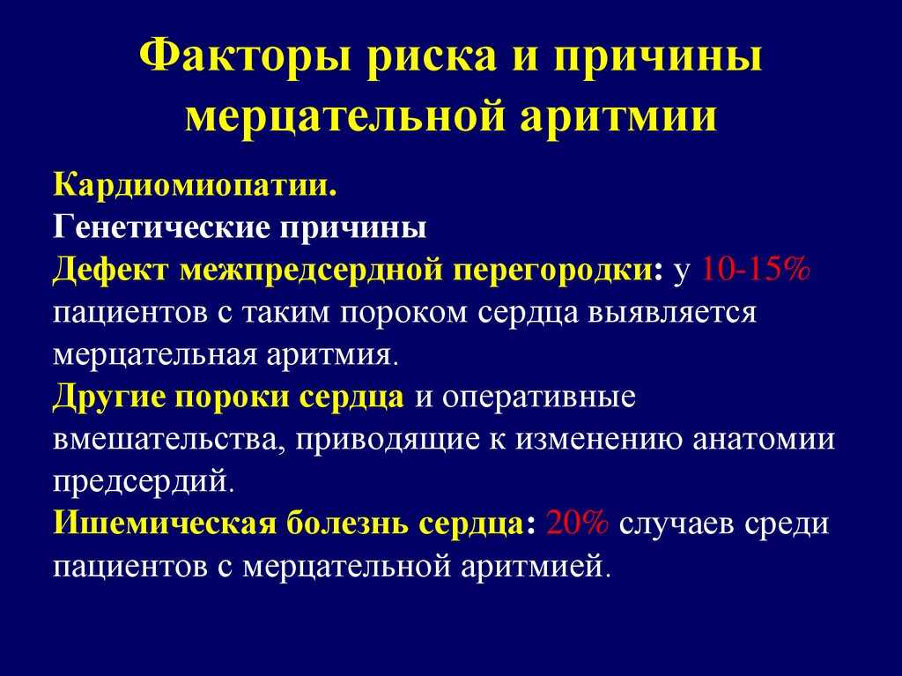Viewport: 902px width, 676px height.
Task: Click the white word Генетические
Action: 162,227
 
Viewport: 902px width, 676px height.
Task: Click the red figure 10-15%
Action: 756,270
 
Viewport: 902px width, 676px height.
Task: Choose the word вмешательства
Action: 170,440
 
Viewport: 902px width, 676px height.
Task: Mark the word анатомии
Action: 764,439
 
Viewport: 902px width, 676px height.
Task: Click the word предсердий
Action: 144,482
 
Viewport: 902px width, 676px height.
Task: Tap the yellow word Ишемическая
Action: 165,524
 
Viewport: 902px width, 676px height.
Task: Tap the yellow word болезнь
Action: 347,524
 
